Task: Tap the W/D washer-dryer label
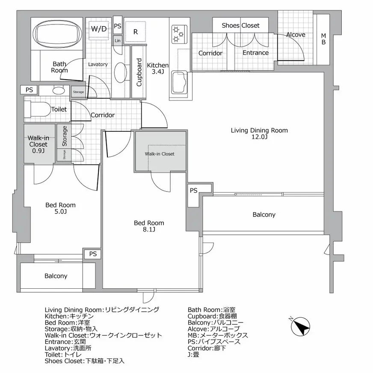[x=99, y=29]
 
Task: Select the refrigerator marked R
[x=135, y=31]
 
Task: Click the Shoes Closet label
[x=240, y=25]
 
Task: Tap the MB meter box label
[x=323, y=38]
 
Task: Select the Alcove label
[x=296, y=34]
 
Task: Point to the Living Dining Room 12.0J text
[x=259, y=133]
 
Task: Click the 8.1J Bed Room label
[x=149, y=226]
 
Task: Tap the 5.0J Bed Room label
[x=60, y=208]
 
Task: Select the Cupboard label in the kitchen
[x=139, y=73]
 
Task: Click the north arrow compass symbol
[x=301, y=327]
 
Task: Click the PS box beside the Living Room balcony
[x=194, y=190]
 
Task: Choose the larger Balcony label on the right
[x=264, y=215]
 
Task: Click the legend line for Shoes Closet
[x=84, y=361]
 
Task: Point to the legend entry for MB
[x=218, y=335]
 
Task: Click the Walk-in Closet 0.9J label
[x=38, y=144]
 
